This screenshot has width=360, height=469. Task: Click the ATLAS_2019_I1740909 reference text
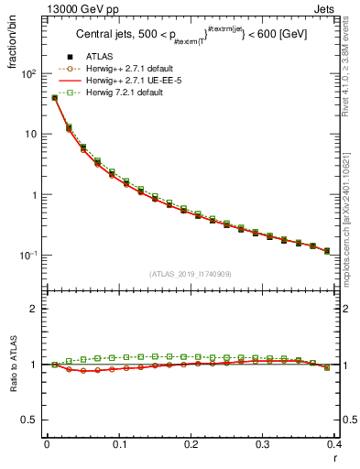pos(191,275)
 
